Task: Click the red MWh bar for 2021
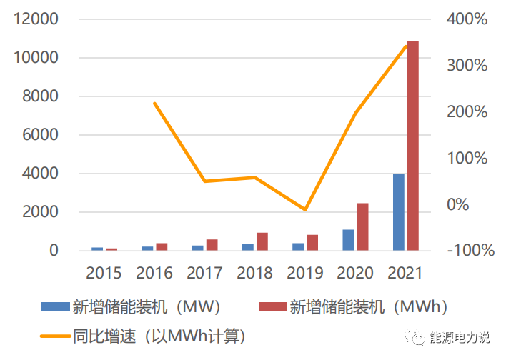[x=413, y=146]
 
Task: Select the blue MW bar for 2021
[x=399, y=212]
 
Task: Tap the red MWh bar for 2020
[x=363, y=227]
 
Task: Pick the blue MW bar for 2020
[x=348, y=240]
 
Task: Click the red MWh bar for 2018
[x=262, y=241]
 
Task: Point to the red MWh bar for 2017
[x=212, y=245]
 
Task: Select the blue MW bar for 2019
[x=297, y=246]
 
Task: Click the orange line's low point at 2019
[x=305, y=210]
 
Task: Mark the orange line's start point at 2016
[x=154, y=104]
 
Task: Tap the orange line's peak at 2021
[x=406, y=46]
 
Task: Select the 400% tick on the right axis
[x=467, y=19]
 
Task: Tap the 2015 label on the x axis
[x=104, y=273]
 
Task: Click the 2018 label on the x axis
[x=254, y=273]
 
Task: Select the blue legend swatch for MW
[x=54, y=307]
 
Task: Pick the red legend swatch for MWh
[x=272, y=307]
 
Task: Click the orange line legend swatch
[x=54, y=334]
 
